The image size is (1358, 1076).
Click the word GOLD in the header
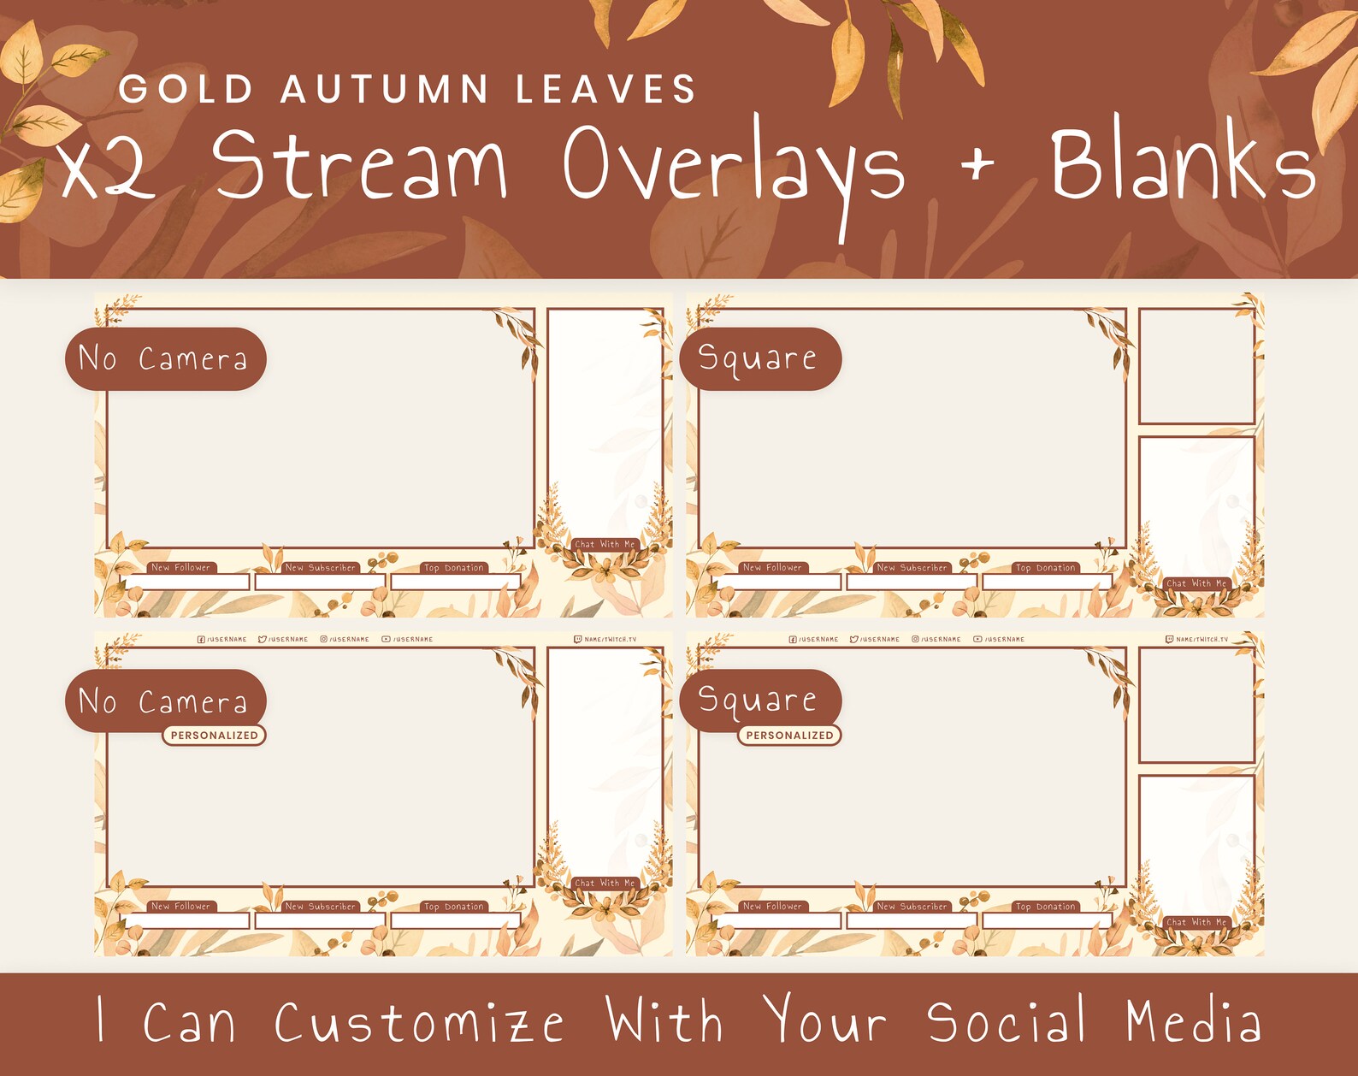186,90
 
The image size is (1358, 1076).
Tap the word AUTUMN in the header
385,90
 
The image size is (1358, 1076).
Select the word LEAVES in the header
606,90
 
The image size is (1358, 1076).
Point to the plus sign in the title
977,163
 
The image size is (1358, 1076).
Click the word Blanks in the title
1182,163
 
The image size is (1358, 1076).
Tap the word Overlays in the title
733,167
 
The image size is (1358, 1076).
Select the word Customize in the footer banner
419,1023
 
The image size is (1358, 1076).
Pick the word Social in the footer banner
1007,1022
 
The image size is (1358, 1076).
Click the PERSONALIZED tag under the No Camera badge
214,736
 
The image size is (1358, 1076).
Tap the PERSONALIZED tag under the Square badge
789,736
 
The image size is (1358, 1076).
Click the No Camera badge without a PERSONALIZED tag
165,359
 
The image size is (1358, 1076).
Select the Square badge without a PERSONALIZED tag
759,359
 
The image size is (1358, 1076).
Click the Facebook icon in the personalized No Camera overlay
201,640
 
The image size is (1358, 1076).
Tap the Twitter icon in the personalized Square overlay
853,640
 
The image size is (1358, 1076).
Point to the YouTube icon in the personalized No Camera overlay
386,640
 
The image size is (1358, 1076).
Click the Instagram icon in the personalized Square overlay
915,640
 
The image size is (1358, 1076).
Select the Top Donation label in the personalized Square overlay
1045,907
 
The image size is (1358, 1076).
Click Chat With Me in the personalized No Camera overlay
605,884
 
